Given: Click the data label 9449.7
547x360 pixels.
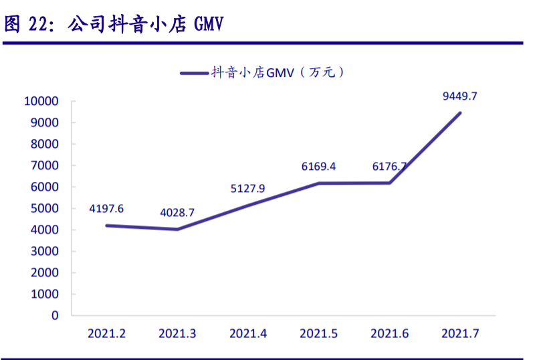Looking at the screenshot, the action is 460,96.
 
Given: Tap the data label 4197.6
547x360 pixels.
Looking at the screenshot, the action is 106,209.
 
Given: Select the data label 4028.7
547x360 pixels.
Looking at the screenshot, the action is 177,213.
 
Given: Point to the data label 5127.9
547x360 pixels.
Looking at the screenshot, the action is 247,189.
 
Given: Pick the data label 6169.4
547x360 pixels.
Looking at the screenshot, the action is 318,167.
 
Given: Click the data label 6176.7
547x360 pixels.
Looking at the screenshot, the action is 389,167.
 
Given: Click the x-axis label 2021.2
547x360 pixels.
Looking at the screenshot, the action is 106,334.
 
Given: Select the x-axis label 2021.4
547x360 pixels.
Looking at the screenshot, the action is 247,334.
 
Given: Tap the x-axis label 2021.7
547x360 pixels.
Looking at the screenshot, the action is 460,334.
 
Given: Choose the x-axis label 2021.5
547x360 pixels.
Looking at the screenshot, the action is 318,334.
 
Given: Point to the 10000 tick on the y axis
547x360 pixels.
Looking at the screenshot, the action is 41,101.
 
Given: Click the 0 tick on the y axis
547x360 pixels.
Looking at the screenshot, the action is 55,316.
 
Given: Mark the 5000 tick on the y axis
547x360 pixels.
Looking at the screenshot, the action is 45,209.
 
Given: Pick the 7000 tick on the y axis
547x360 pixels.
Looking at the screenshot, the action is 45,165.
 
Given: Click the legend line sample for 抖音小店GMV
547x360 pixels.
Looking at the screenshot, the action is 195,74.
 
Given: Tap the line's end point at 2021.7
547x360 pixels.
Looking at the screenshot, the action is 460,113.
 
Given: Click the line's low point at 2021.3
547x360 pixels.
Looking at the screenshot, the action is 177,230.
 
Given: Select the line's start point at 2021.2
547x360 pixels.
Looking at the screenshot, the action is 107,226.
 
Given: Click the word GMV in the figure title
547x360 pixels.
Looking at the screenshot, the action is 209,25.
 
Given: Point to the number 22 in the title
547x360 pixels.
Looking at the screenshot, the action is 37,25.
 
